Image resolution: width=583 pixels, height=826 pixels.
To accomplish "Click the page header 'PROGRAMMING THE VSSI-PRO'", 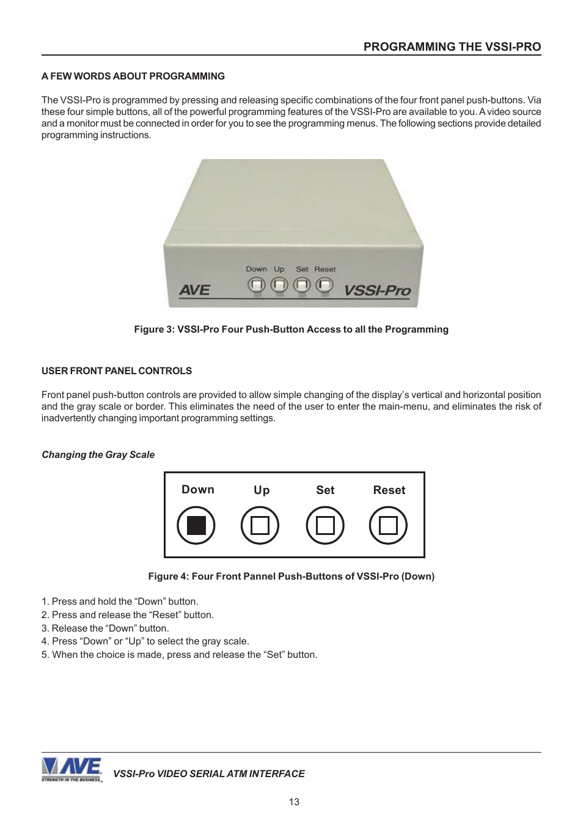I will pyautogui.click(x=452, y=47).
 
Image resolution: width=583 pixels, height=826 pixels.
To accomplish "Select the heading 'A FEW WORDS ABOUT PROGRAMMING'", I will pyautogui.click(x=133, y=76).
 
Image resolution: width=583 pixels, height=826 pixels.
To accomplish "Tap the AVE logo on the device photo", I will pyautogui.click(x=194, y=289).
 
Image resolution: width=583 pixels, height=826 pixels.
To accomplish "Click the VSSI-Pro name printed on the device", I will pyautogui.click(x=376, y=290).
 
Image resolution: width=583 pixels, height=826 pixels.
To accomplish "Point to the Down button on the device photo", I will pyautogui.click(x=257, y=284).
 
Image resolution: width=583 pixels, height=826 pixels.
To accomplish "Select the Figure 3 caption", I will pyautogui.click(x=291, y=330).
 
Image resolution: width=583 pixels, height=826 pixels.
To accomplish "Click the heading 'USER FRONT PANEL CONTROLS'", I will pyautogui.click(x=117, y=371).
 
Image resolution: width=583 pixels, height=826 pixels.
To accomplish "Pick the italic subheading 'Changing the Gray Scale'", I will pyautogui.click(x=98, y=455).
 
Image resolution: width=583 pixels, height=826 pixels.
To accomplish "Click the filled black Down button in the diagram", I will pyautogui.click(x=196, y=525).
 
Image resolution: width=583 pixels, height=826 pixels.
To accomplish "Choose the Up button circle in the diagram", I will pyautogui.click(x=260, y=525).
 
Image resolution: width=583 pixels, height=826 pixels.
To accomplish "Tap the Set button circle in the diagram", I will pyautogui.click(x=325, y=525).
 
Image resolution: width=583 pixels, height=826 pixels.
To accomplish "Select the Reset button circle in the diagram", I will pyautogui.click(x=389, y=525).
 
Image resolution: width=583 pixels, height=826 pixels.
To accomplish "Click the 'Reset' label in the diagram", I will pyautogui.click(x=389, y=490).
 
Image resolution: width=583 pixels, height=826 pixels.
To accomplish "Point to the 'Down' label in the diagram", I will pyautogui.click(x=198, y=490).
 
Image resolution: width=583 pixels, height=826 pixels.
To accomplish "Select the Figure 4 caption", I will pyautogui.click(x=291, y=577).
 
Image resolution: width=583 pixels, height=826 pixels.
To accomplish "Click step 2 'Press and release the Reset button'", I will pyautogui.click(x=128, y=615).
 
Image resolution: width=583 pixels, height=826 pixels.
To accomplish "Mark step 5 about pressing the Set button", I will pyautogui.click(x=180, y=655).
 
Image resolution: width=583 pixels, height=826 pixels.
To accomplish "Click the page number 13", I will pyautogui.click(x=294, y=802).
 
